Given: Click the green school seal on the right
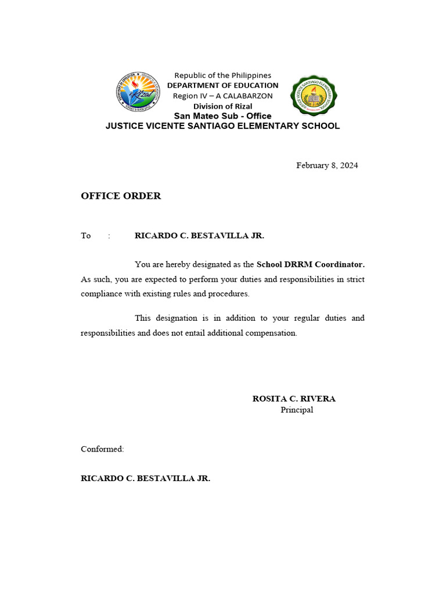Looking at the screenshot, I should point(314,96).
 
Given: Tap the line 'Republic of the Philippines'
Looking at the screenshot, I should point(223,76).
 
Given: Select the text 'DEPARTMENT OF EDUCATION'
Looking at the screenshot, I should point(223,85).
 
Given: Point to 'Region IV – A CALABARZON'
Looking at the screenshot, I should point(223,96).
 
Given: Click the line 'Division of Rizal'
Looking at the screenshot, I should point(223,106).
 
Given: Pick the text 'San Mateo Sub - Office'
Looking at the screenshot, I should point(223,116).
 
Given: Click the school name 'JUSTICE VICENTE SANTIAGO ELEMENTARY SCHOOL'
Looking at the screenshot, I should point(222,126).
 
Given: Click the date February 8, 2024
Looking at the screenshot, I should point(327,166).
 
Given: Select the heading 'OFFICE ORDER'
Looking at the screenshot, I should point(121,196).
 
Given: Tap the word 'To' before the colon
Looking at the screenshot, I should point(86,236).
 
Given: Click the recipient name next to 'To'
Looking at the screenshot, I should point(199,236).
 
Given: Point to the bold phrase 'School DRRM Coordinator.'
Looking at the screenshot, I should point(311,264).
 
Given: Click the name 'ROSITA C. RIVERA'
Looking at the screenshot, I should point(294,399).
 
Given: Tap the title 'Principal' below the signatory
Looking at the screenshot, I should point(297,410).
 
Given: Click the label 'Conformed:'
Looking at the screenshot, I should point(102,449).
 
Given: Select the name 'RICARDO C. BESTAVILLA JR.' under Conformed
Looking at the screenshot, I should point(145,479).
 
